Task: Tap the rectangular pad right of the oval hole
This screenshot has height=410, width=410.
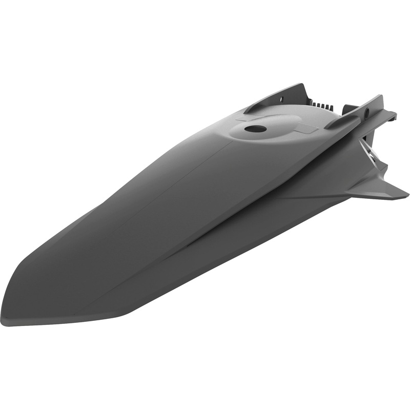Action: pos(306,128)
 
